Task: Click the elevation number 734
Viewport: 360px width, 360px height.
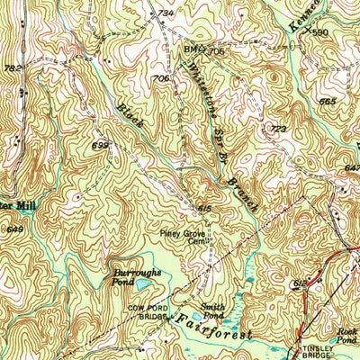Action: click(165, 13)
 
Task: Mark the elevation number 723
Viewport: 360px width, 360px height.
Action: click(278, 130)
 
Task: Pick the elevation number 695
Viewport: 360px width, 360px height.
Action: click(100, 144)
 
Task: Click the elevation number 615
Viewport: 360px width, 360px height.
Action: click(205, 208)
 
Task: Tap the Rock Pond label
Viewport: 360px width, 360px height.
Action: click(346, 335)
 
